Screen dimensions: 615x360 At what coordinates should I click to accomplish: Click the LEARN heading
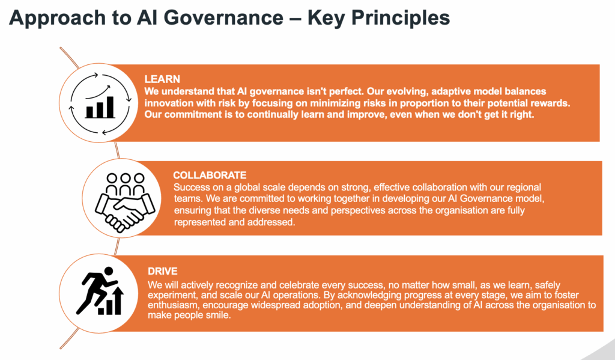[x=162, y=79]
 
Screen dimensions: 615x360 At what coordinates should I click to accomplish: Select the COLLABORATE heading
[x=210, y=175]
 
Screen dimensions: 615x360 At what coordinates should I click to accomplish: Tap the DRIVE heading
[x=163, y=271]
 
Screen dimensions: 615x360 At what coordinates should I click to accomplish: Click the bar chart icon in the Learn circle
[x=100, y=107]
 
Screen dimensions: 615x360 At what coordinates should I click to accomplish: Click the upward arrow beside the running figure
[x=117, y=300]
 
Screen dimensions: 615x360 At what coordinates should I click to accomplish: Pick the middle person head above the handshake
[x=126, y=178]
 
